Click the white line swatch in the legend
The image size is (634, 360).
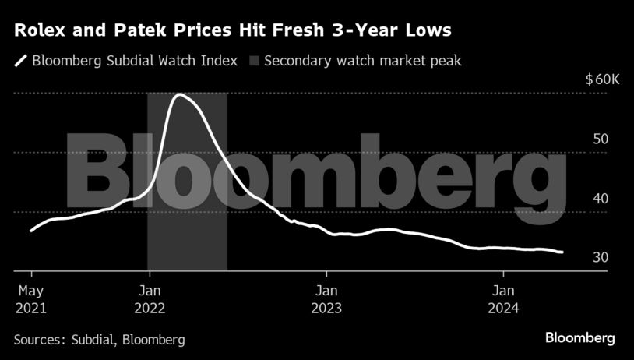coord(20,61)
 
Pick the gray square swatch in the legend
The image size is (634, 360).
coord(254,61)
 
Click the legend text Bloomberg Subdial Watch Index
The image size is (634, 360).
coord(135,61)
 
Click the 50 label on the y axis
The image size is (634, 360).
coord(600,139)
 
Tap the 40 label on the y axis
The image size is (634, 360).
coord(600,199)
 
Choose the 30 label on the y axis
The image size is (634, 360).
coord(600,258)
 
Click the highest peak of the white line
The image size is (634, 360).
coord(180,94)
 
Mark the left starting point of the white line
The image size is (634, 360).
coord(31,231)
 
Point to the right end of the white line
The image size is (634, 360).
coord(562,252)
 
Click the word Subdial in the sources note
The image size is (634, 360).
coord(90,340)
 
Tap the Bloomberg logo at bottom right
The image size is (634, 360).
coord(579,338)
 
